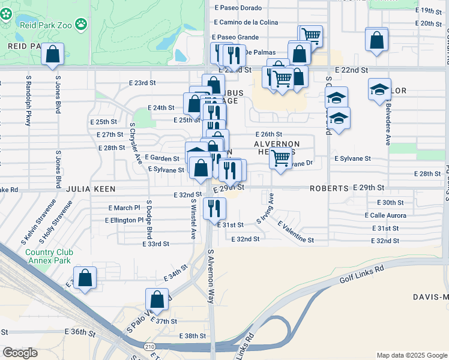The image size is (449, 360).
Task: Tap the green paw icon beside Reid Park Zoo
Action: tap(81, 24)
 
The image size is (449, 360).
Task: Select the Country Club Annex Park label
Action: tap(48, 256)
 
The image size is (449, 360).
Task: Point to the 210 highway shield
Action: tap(150, 346)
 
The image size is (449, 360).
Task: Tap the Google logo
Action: tap(20, 353)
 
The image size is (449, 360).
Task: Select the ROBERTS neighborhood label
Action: tap(329, 188)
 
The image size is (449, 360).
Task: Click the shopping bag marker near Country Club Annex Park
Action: tap(85, 278)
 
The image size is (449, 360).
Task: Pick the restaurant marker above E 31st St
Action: tap(214, 208)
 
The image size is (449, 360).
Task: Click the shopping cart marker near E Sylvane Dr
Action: tap(281, 158)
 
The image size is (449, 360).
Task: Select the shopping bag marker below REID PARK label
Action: tap(53, 53)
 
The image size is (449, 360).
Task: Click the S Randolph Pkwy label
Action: tap(28, 100)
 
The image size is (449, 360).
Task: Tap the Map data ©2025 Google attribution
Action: tap(411, 355)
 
